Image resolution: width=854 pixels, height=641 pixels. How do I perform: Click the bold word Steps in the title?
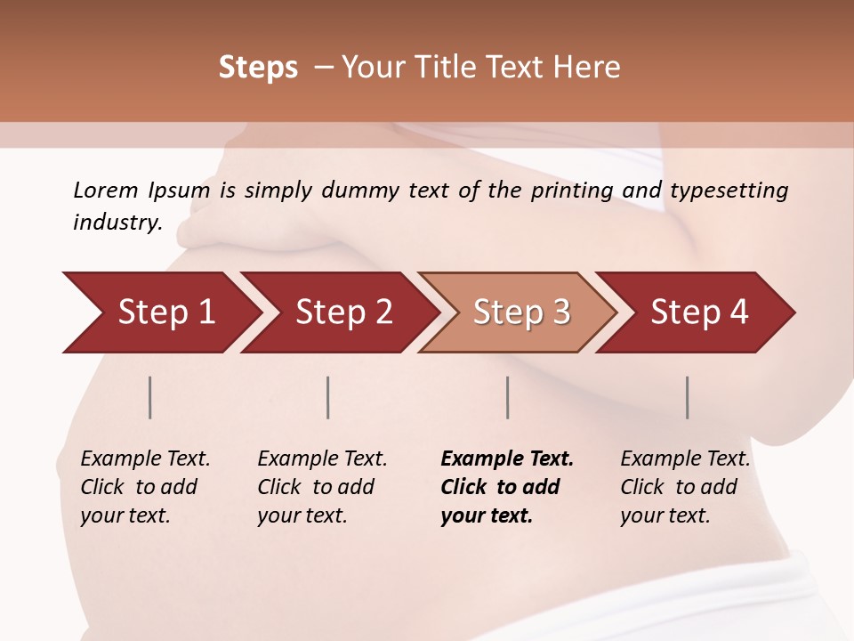click(258, 68)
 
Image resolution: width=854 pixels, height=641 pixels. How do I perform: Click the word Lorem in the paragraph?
click(105, 191)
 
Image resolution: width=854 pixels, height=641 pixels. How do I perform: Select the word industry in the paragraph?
click(115, 223)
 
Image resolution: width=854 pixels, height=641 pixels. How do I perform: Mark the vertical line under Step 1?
click(150, 397)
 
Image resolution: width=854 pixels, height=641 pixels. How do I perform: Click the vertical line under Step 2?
click(328, 397)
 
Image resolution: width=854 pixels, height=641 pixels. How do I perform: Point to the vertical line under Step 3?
click(508, 397)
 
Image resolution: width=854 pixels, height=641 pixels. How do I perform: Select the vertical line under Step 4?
click(688, 397)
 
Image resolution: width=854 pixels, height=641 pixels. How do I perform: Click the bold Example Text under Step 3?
click(507, 459)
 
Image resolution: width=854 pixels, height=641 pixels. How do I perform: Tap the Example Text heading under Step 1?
click(145, 459)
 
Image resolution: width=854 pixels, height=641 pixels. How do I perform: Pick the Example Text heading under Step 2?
click(322, 459)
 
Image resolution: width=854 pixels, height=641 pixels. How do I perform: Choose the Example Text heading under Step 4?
click(685, 459)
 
